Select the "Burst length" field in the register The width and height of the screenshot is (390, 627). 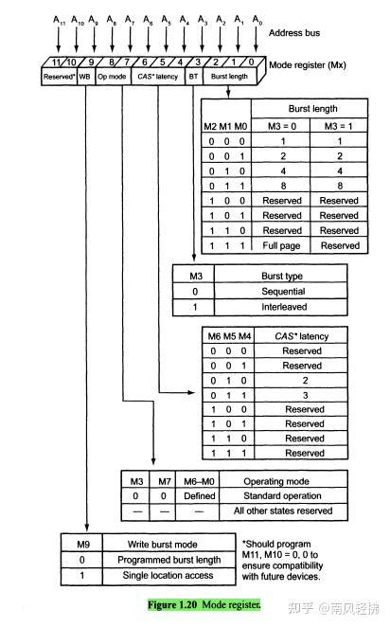(230, 75)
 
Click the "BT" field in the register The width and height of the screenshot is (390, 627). (193, 75)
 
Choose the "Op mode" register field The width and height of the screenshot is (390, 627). (112, 75)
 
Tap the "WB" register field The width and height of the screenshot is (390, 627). (84, 75)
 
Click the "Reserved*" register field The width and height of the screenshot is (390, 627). (59, 75)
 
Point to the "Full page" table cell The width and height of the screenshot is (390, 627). (282, 245)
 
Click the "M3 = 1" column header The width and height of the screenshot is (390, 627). (338, 125)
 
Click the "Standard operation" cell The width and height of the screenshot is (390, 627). (288, 495)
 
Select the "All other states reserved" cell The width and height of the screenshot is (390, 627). (288, 511)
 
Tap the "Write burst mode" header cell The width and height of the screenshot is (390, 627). (162, 544)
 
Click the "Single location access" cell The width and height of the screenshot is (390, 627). (162, 575)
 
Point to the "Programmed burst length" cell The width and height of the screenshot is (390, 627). (162, 559)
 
